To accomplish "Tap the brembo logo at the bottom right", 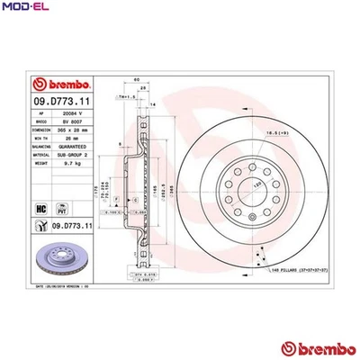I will pos(314,349).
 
